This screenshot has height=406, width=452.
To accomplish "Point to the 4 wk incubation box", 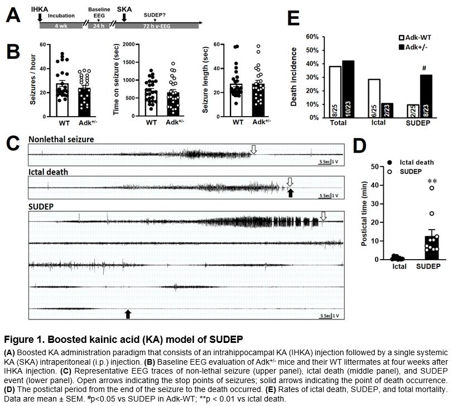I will tap(59, 26).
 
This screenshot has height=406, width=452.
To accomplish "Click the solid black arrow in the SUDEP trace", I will tap(128, 314).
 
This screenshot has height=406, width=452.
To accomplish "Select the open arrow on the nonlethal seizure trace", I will tap(254, 149).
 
